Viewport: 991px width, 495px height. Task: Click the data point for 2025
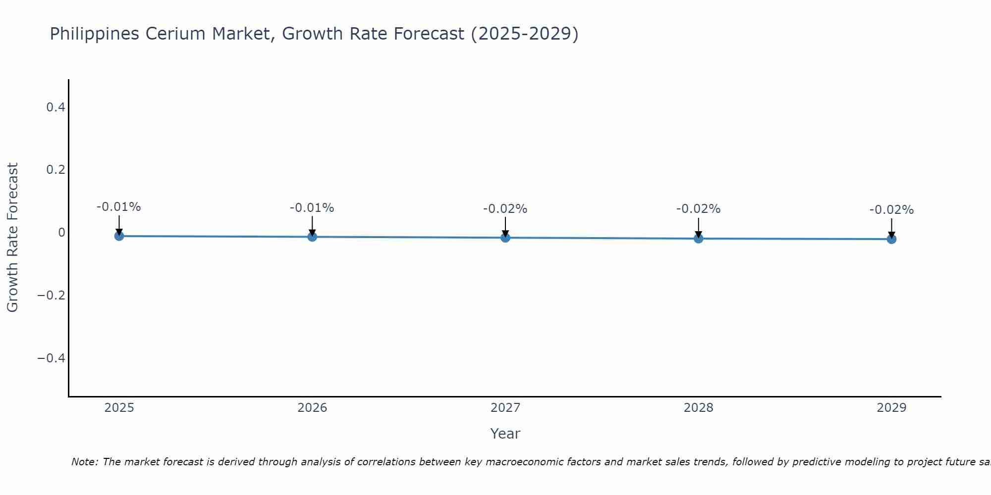(119, 236)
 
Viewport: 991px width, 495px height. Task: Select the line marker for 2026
(312, 237)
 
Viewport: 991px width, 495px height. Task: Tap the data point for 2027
(505, 238)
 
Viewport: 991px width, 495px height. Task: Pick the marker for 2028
(698, 239)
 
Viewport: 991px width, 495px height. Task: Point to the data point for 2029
(891, 239)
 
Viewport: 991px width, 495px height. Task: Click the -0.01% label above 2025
(118, 207)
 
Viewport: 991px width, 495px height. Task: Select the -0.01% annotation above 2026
(312, 208)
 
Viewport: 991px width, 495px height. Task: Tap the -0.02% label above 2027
(505, 209)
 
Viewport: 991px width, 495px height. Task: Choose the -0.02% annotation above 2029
(891, 210)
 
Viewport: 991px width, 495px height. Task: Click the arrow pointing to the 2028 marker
(698, 228)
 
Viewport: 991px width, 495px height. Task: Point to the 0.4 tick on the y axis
(55, 107)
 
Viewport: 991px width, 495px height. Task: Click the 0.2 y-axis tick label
(55, 170)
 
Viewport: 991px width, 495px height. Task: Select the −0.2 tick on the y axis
(52, 296)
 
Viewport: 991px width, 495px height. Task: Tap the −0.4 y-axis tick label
(52, 358)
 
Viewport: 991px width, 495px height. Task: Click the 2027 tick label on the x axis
(505, 408)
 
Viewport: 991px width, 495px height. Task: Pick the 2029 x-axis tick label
(891, 408)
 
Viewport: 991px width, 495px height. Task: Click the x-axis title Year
(505, 434)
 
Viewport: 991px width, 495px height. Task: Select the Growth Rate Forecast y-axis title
(12, 238)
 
